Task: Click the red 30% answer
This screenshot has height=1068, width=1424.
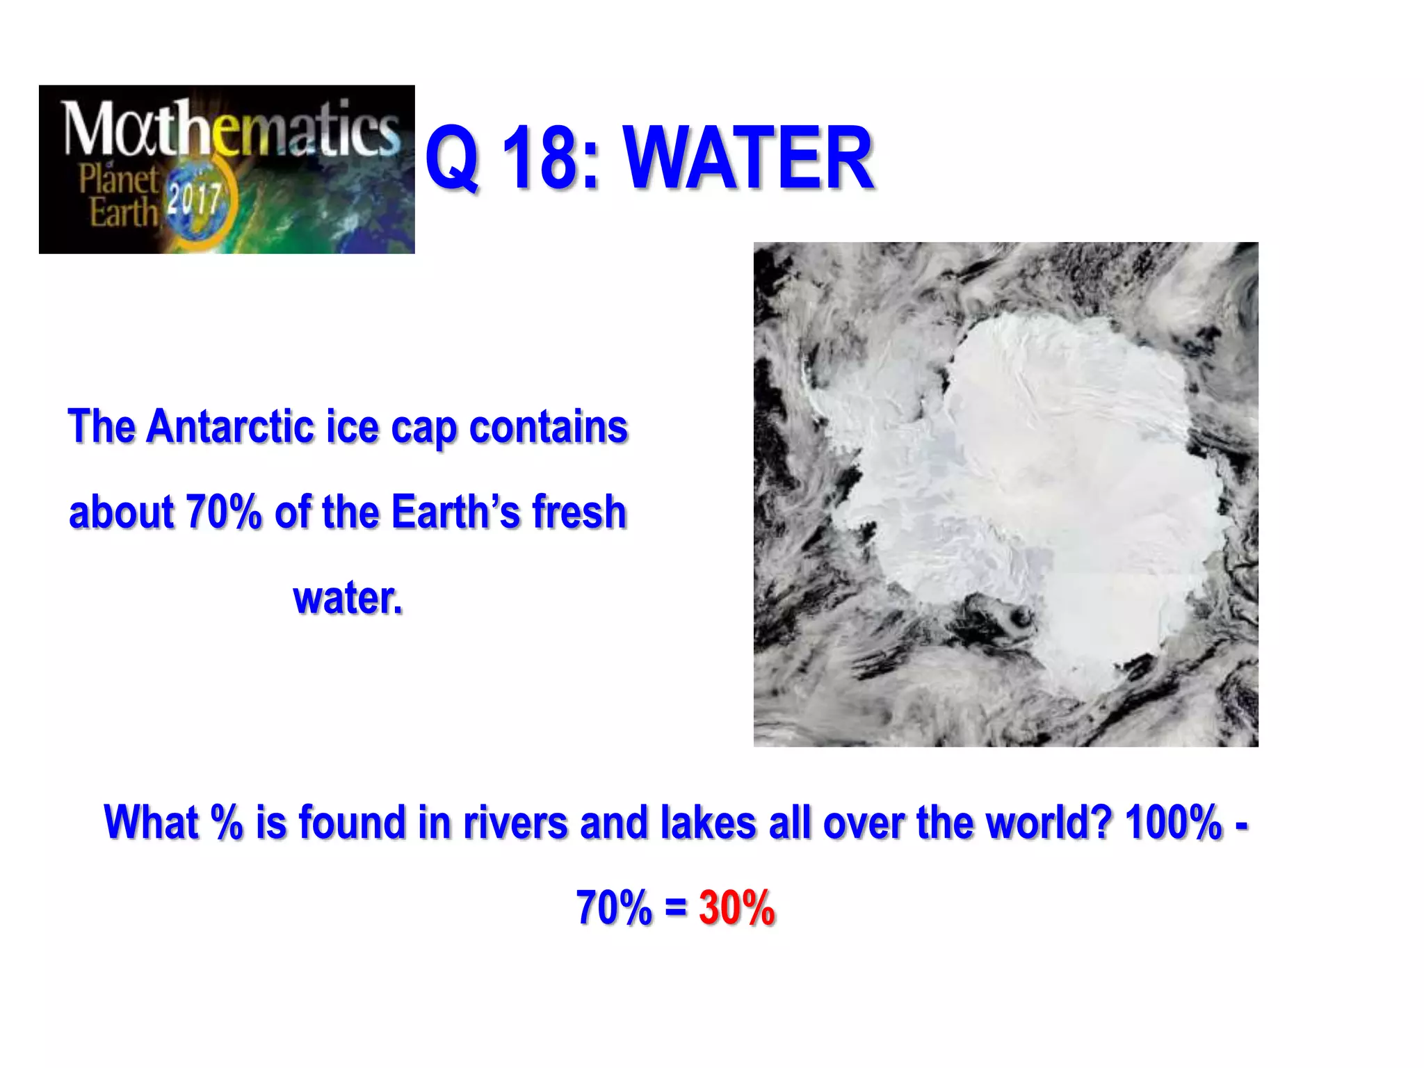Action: pyautogui.click(x=736, y=907)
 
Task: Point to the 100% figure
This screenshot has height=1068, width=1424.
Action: pyautogui.click(x=1173, y=822)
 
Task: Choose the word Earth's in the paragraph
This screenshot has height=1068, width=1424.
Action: pyautogui.click(x=455, y=512)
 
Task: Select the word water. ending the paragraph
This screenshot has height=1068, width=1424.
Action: pyautogui.click(x=348, y=598)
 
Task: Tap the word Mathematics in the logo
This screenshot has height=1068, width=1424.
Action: pyautogui.click(x=230, y=129)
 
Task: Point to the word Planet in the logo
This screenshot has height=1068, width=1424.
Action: pyautogui.click(x=118, y=179)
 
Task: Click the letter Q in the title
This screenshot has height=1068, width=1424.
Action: pyautogui.click(x=452, y=159)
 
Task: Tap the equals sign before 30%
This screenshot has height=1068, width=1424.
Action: pyautogui.click(x=675, y=908)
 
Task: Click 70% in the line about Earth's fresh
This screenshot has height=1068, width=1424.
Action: pyautogui.click(x=223, y=512)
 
